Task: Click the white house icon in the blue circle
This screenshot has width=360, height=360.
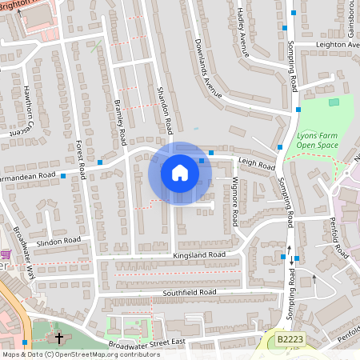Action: (180, 173)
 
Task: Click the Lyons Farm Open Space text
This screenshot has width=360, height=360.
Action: (318, 141)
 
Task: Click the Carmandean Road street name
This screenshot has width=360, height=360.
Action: (27, 174)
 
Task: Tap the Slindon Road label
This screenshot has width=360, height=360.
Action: (59, 240)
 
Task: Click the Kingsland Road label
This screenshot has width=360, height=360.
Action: (199, 255)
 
